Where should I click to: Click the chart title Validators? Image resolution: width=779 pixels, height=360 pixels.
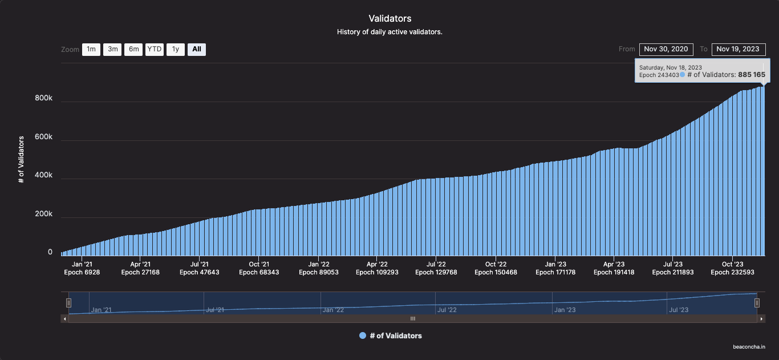[389, 19]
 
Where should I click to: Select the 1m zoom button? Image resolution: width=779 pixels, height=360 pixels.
[91, 50]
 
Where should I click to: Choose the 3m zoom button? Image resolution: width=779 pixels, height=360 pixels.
[112, 50]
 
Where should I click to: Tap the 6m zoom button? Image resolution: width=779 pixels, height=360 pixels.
[133, 50]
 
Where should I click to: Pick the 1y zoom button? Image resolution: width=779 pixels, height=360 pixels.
[176, 50]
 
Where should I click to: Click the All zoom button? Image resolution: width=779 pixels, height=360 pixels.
[197, 50]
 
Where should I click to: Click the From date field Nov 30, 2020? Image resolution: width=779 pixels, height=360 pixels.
[666, 49]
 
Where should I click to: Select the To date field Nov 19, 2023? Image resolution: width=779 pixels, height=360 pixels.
[737, 49]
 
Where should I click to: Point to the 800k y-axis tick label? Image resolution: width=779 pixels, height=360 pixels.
[43, 98]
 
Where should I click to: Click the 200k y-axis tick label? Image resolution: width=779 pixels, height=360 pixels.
[43, 215]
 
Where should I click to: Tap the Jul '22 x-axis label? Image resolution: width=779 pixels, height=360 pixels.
[436, 264]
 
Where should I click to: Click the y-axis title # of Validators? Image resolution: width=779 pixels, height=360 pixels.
[21, 159]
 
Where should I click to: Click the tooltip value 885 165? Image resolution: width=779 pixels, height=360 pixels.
[752, 75]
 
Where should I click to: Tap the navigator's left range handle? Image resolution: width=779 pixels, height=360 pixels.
[68, 303]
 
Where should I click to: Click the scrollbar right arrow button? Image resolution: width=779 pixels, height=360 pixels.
[761, 319]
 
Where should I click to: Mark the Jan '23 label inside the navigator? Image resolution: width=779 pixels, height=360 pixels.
[564, 310]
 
